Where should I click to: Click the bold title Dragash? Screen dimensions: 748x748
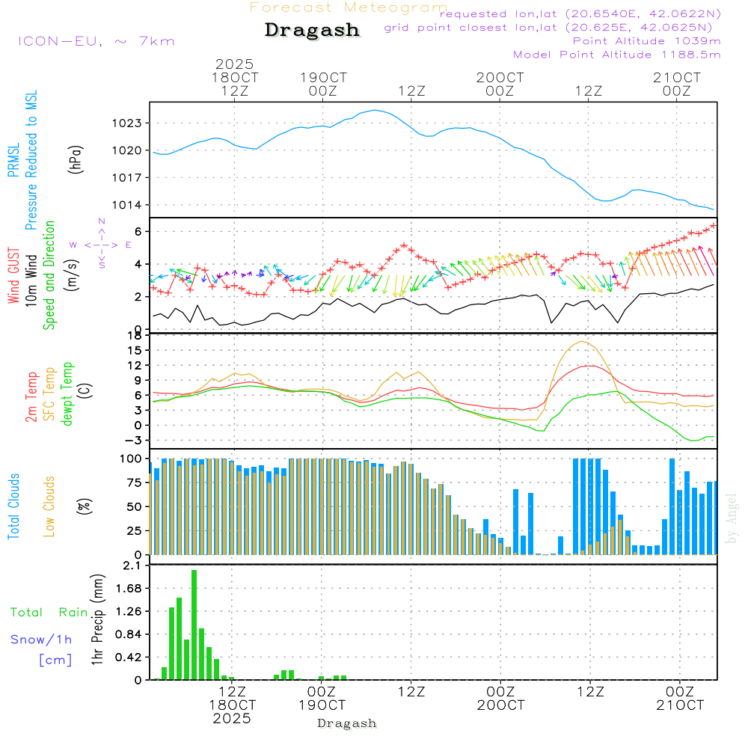coord(312,31)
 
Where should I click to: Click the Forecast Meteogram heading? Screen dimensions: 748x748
coord(349,7)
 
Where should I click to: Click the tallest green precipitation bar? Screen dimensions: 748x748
coord(194,625)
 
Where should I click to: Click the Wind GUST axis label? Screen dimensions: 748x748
coord(13,277)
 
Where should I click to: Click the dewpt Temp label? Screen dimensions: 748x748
coord(67,394)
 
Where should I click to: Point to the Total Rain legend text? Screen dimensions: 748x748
coord(49,612)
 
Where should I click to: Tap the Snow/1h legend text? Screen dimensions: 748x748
coord(42,640)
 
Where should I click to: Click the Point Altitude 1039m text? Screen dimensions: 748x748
coord(646,40)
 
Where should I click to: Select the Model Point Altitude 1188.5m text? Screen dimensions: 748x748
coord(617,54)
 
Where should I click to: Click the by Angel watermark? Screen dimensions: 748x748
coord(732,518)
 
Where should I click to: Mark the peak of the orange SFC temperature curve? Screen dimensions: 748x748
coord(582,341)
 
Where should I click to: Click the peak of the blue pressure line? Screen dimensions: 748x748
coord(374,110)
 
